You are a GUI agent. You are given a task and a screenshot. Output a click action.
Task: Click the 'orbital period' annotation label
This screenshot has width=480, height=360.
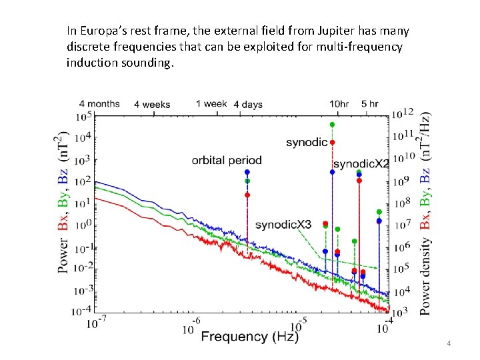click(227, 160)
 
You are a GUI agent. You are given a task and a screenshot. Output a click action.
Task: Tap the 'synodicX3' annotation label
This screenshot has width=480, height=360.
click(283, 225)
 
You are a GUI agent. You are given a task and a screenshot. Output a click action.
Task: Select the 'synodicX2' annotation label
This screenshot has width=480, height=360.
click(361, 164)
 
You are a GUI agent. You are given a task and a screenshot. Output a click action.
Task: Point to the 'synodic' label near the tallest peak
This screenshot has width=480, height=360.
click(307, 142)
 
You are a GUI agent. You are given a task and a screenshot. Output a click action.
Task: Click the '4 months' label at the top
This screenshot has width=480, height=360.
click(99, 104)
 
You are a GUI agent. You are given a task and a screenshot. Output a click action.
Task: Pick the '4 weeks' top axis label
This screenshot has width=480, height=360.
click(152, 105)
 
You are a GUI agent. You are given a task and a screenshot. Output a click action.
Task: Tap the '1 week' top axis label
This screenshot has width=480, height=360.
click(212, 104)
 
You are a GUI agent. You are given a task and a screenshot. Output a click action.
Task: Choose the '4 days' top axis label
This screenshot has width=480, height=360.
click(248, 105)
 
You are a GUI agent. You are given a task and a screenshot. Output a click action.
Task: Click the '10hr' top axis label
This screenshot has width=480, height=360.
click(339, 104)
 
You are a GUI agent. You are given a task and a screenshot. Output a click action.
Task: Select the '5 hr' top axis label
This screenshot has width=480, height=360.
click(370, 104)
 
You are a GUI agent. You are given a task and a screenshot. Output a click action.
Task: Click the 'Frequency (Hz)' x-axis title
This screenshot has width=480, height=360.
click(250, 337)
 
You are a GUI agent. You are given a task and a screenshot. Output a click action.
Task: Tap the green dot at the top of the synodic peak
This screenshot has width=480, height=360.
click(332, 125)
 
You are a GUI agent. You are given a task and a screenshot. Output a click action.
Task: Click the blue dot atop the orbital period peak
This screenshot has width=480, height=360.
click(247, 172)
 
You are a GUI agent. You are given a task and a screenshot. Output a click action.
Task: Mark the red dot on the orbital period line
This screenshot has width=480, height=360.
click(247, 195)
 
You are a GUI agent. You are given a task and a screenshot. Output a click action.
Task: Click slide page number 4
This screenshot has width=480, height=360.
click(449, 343)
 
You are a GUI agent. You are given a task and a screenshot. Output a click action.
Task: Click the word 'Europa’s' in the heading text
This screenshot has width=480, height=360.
click(100, 31)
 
